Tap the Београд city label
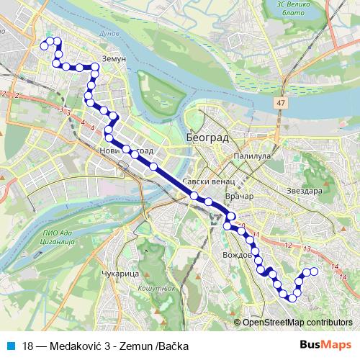tap(207, 136)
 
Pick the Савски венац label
tap(206, 181)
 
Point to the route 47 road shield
tap(279, 104)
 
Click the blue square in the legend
tap(9, 345)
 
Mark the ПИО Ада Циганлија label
tap(55, 238)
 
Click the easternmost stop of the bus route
tap(314, 271)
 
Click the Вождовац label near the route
tap(238, 255)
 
